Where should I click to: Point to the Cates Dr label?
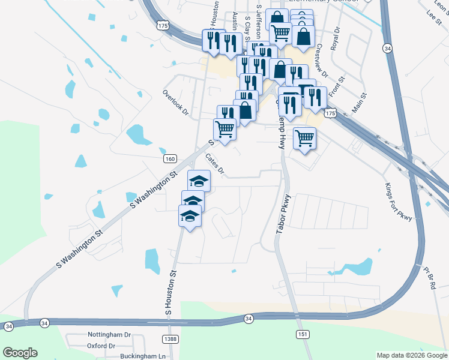click(214, 164)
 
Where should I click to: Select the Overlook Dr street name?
click(175, 103)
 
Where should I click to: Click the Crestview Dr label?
click(322, 61)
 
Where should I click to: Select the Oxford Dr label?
click(101, 346)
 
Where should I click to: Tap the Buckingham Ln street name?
click(142, 356)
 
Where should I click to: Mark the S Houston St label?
click(171, 293)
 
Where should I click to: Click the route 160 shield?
click(170, 158)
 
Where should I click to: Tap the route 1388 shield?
click(171, 340)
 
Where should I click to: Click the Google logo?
click(20, 353)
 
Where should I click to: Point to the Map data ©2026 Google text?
click(411, 355)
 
